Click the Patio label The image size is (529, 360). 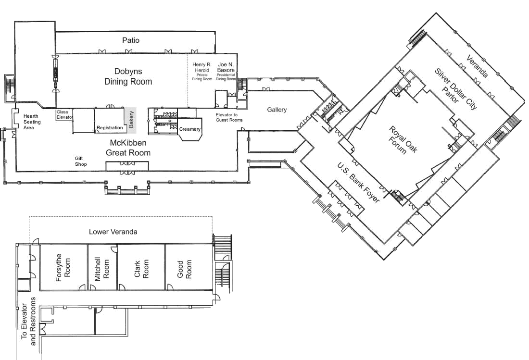(x=131, y=40)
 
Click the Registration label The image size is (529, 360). (x=110, y=128)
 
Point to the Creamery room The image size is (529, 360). (x=189, y=129)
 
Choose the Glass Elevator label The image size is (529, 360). (x=65, y=114)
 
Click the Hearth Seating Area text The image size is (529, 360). (x=32, y=122)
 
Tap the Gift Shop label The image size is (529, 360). (x=80, y=161)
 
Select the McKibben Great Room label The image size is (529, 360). (x=128, y=148)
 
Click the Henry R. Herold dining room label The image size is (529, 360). (x=202, y=71)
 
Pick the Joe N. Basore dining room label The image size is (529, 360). (x=226, y=71)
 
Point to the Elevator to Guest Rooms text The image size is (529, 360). (x=229, y=117)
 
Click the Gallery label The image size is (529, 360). (x=277, y=110)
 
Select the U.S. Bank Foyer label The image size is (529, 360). (x=358, y=183)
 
